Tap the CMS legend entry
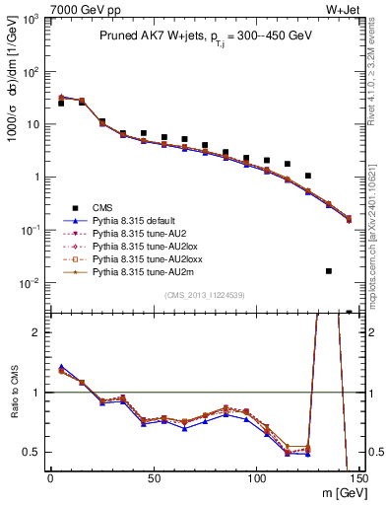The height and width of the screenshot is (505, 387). click(104, 208)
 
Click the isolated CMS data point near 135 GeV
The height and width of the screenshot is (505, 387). click(329, 270)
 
